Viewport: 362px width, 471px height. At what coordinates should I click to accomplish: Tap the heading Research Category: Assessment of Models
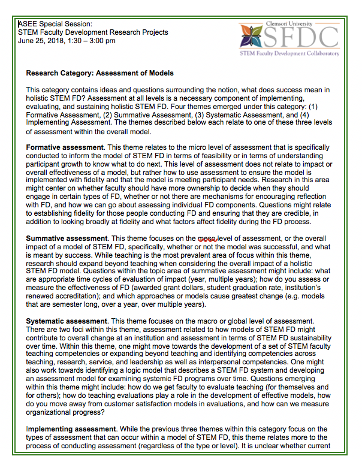coord(100,73)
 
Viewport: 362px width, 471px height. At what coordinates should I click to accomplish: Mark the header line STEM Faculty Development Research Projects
coord(93,32)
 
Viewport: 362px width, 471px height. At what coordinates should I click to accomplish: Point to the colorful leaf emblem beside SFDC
coord(252,37)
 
